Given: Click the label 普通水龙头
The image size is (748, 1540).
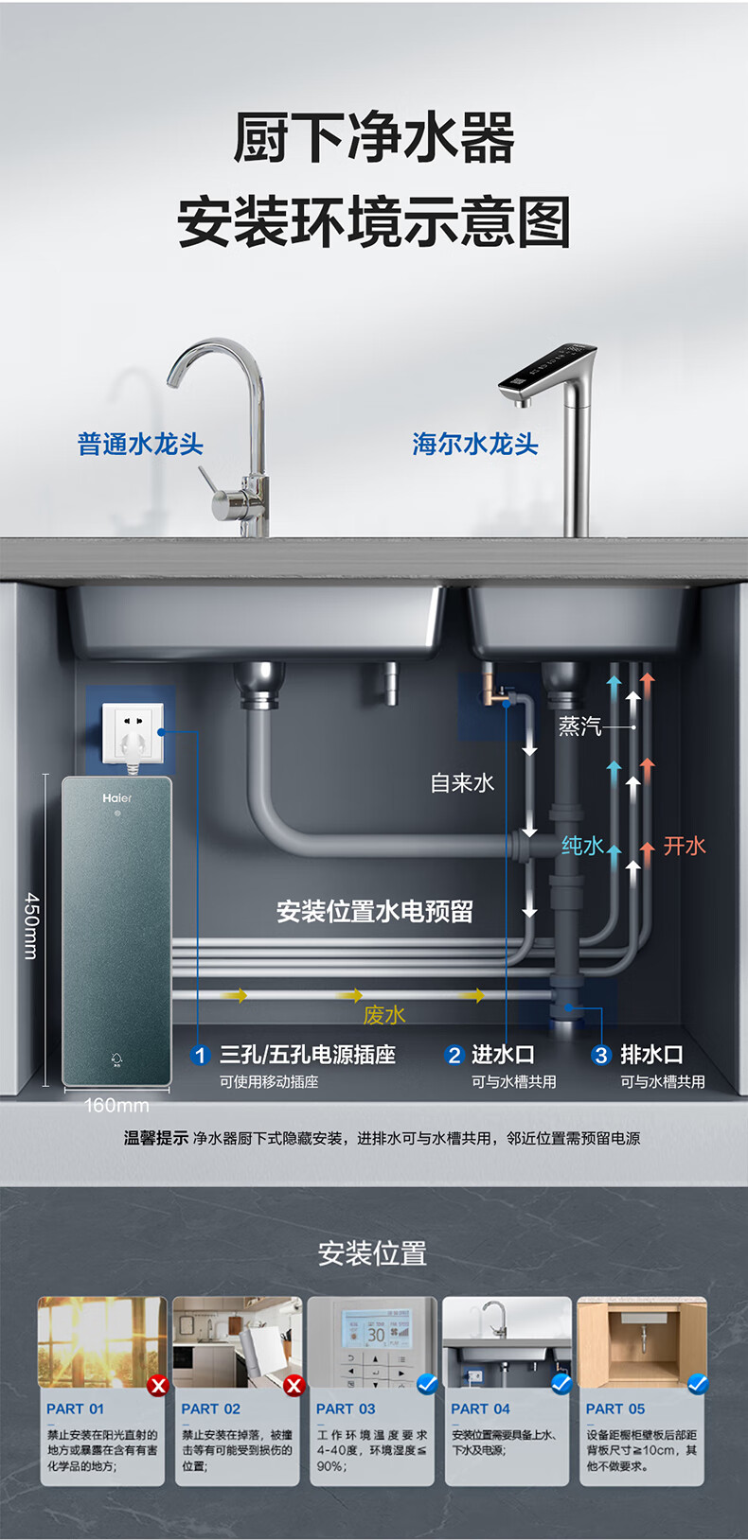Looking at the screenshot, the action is point(140,444).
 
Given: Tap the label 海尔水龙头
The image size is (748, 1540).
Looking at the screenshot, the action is point(474,444).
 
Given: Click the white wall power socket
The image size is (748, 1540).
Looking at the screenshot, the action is point(133,731).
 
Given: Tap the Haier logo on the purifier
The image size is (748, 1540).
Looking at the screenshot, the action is point(117,798).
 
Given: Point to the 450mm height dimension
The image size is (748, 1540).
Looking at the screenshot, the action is point(30,925).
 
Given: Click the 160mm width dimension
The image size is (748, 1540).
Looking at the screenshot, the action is point(116,1105).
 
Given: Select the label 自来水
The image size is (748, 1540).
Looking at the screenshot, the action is point(462,782).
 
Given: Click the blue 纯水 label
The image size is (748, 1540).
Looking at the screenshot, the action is point(581,846).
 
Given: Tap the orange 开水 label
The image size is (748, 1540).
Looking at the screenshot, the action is point(685,846).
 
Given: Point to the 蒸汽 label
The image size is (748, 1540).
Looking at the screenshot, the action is point(579,726).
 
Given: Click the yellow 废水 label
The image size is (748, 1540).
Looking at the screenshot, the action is point(383,1015).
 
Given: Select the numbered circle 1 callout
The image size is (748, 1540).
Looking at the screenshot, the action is point(200,1055).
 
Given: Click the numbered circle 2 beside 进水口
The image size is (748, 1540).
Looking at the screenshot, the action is point(454,1055).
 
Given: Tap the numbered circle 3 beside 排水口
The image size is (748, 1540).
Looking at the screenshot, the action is point(601,1055).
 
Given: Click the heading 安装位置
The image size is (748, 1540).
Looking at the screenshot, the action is point(373,1253).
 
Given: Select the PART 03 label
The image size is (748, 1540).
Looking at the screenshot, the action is point(346,1409).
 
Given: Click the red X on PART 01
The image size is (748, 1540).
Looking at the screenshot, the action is point(158,1386).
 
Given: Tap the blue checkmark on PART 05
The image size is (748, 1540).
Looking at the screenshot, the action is point(698,1384).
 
